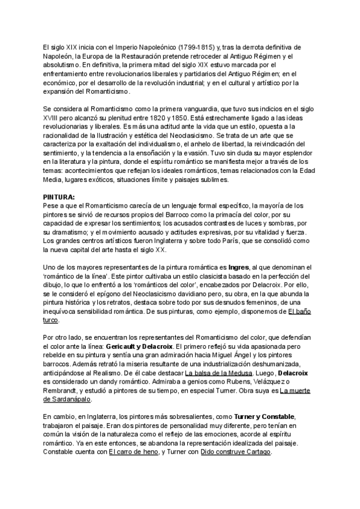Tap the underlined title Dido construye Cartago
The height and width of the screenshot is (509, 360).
236,453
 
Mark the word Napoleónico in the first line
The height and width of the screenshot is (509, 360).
133,46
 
